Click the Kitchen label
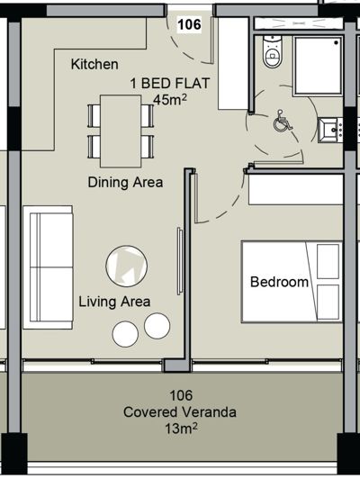(94, 64)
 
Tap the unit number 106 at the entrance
(190, 24)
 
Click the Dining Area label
(125, 182)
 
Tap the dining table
(120, 132)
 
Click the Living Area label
(114, 302)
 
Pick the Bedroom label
(279, 282)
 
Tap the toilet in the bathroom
(269, 54)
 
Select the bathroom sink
(337, 130)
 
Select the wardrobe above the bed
(294, 189)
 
